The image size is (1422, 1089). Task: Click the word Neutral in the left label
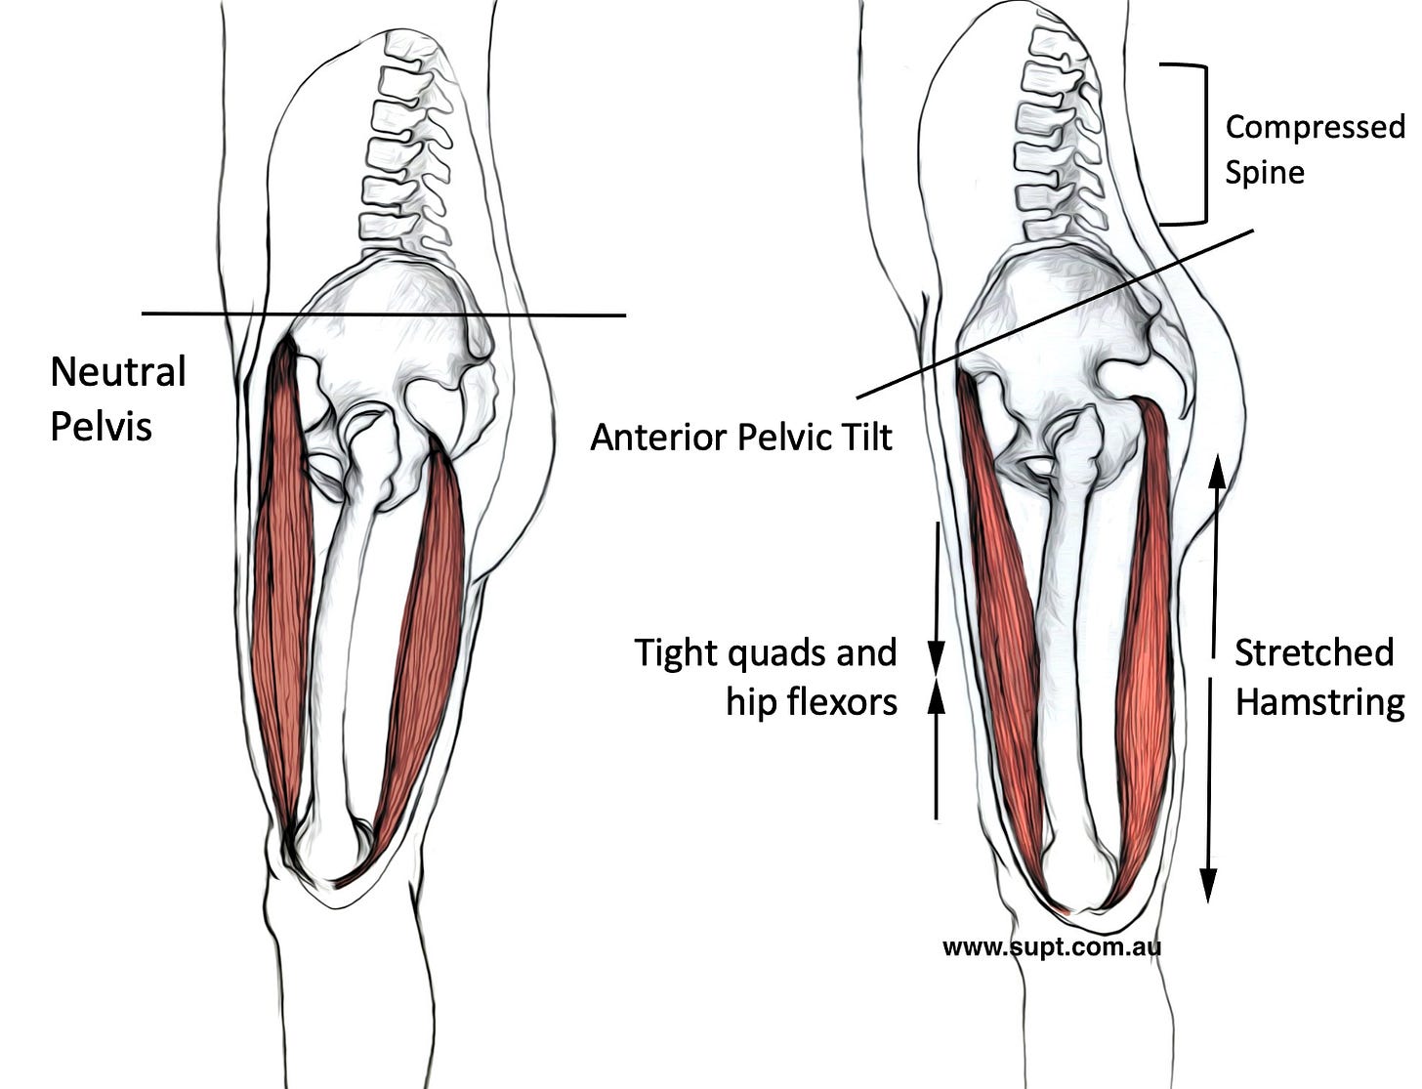click(117, 372)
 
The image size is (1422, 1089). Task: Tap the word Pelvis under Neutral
click(101, 426)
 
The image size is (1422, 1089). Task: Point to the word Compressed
click(1314, 128)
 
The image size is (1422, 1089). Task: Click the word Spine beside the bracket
click(1265, 173)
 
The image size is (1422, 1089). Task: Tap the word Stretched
click(1313, 652)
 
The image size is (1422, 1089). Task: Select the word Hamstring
click(1318, 701)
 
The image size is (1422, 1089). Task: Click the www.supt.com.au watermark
click(1052, 946)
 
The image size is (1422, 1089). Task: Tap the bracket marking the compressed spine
click(1203, 145)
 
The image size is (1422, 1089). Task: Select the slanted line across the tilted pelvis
click(1055, 314)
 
